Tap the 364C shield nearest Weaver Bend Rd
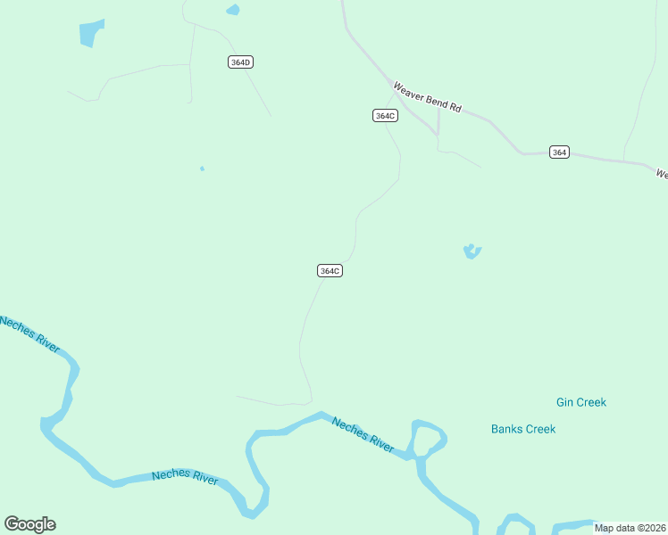[x=385, y=116]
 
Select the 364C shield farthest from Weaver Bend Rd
[x=330, y=270]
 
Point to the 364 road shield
[x=559, y=152]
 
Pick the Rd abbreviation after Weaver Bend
[x=455, y=108]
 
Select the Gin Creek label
[x=580, y=402]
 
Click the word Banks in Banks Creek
[x=506, y=429]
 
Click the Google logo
[x=29, y=524]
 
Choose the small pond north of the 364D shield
[x=233, y=10]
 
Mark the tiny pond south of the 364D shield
[x=203, y=169]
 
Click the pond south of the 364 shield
[x=472, y=252]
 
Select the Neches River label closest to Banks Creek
[x=363, y=434]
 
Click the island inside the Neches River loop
[x=427, y=438]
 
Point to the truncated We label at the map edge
[x=662, y=174]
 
